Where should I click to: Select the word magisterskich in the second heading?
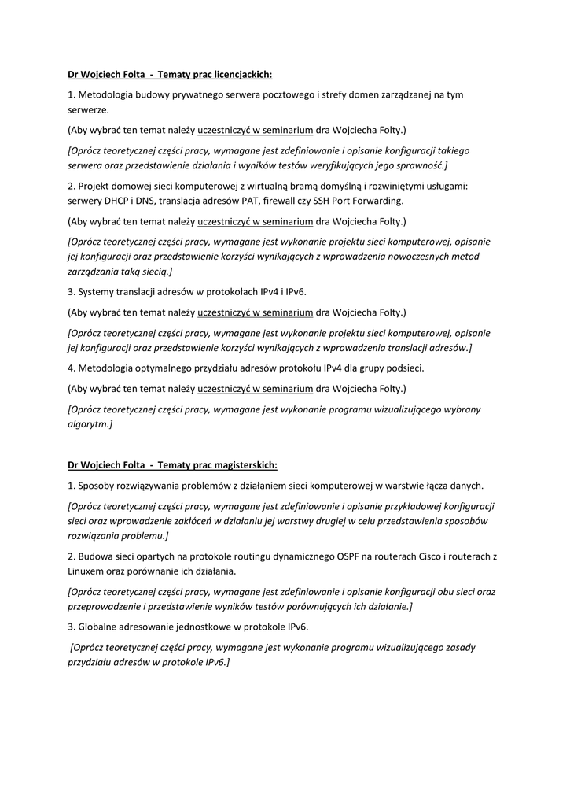point(245,465)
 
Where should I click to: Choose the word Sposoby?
point(98,485)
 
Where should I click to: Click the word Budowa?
point(97,556)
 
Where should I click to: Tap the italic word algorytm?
point(89,424)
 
